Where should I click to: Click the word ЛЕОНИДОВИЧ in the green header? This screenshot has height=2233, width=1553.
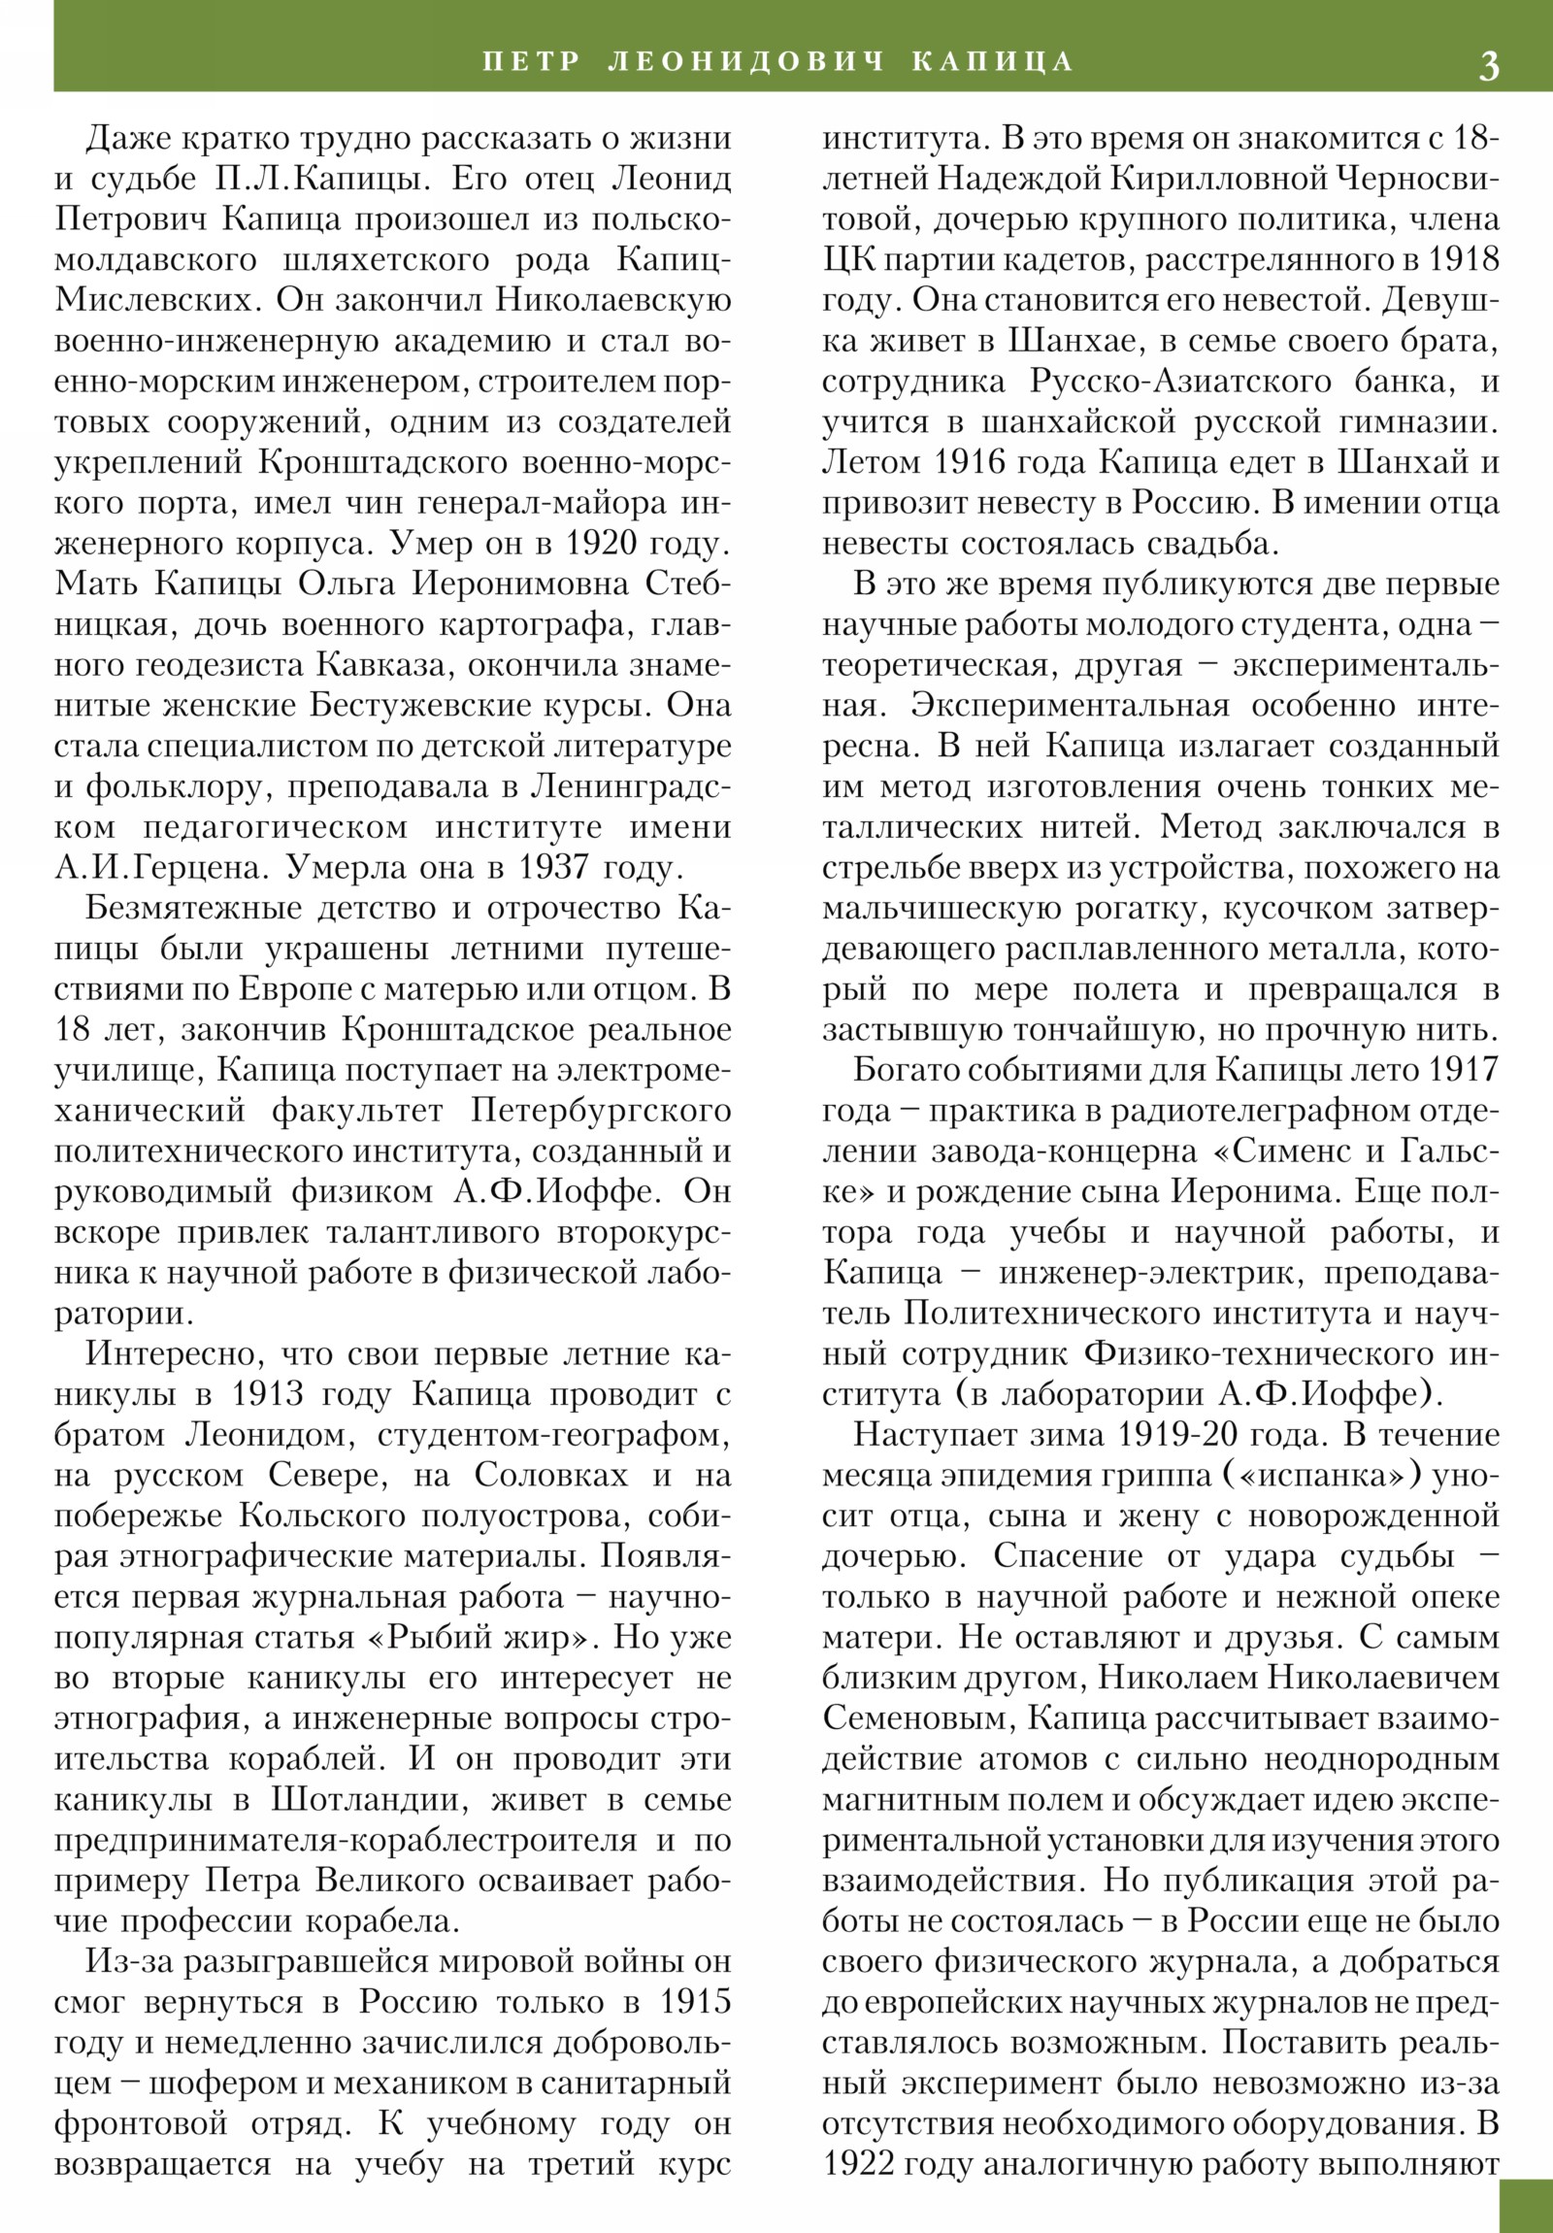click(x=745, y=61)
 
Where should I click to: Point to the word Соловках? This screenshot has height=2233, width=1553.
click(x=551, y=1476)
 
